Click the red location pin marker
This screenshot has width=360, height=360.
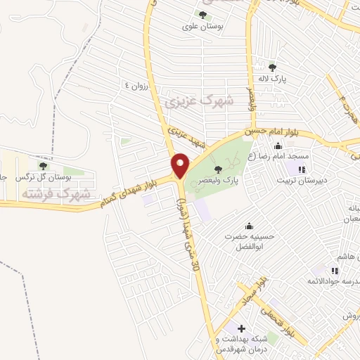point(180,165)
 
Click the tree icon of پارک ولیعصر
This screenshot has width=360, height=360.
point(217,169)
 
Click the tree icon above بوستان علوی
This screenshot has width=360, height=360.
point(202,15)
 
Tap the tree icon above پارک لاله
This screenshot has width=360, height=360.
point(272,67)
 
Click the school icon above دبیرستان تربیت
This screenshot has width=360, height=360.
point(302,169)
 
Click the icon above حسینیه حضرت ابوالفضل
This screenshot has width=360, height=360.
point(248,226)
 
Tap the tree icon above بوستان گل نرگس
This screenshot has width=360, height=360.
point(44,167)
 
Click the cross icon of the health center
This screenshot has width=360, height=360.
point(240,328)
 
